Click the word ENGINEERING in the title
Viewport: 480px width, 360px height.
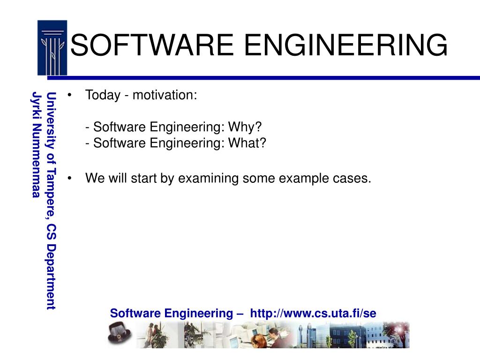coord(346,45)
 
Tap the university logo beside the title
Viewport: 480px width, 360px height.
coord(52,48)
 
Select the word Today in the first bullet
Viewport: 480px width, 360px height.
coord(103,95)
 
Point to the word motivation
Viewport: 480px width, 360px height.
coord(165,95)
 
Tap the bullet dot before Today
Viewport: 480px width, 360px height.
coord(70,96)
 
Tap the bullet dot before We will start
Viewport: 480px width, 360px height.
coord(70,179)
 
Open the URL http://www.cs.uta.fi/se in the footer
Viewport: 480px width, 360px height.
coord(313,313)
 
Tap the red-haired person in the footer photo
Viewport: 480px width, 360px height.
coord(255,337)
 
